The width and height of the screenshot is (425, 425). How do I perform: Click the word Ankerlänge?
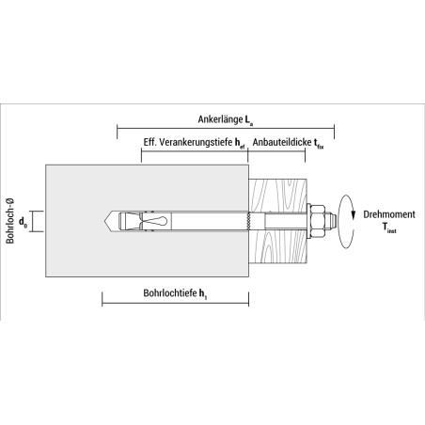click(220, 119)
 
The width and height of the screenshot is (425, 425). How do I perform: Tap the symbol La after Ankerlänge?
click(249, 120)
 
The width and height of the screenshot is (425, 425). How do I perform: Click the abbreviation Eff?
click(150, 142)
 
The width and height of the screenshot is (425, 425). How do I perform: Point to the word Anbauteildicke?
click(282, 142)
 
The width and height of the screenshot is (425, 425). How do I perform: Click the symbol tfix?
click(319, 144)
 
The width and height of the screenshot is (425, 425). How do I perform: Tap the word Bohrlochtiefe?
click(170, 293)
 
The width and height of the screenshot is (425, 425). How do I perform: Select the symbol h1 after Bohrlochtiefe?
click(203, 294)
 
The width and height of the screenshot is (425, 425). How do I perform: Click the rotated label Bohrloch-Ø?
click(10, 221)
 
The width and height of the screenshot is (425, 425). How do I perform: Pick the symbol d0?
click(23, 222)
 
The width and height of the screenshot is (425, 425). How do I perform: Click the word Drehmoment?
click(389, 214)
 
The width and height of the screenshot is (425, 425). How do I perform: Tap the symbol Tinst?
click(389, 228)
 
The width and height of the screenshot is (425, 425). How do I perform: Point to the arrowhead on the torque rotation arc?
click(354, 214)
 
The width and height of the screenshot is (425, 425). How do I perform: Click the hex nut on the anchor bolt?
click(317, 221)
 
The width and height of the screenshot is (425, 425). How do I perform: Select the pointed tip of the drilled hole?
click(105, 221)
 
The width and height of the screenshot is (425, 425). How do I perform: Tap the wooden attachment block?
click(277, 221)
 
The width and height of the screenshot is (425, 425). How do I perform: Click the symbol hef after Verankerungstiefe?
click(240, 144)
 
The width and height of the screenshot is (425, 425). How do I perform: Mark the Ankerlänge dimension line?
click(226, 129)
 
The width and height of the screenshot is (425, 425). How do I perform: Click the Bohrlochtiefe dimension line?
click(175, 303)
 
